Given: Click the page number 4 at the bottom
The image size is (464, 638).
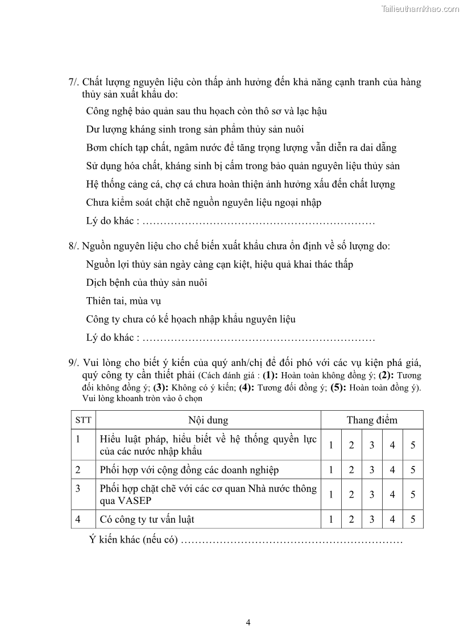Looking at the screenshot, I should tap(248, 622).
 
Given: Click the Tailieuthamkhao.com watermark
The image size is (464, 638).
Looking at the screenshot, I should tap(420, 9).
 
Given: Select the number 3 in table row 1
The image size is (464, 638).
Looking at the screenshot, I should tap(372, 445).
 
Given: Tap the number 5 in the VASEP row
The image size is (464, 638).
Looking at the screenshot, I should tap(413, 495).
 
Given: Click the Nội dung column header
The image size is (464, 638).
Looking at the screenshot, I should tap(208, 420).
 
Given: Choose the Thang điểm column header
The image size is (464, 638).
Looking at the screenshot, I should tap(372, 420).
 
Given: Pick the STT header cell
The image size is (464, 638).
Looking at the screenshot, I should tap(82, 420).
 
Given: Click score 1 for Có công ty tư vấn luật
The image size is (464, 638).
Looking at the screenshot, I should tap(331, 519).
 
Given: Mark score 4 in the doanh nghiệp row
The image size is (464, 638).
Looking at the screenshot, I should tap(392, 470).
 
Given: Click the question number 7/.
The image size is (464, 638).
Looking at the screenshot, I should tap(74, 82).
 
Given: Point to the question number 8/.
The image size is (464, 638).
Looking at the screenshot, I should tap(74, 246).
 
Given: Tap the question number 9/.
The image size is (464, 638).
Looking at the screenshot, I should tap(74, 362).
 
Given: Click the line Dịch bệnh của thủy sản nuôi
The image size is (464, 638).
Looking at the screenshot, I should tap(147, 283).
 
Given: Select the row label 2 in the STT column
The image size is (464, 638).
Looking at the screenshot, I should tap(78, 470).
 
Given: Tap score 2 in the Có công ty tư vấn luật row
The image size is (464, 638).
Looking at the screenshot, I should tap(351, 519).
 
